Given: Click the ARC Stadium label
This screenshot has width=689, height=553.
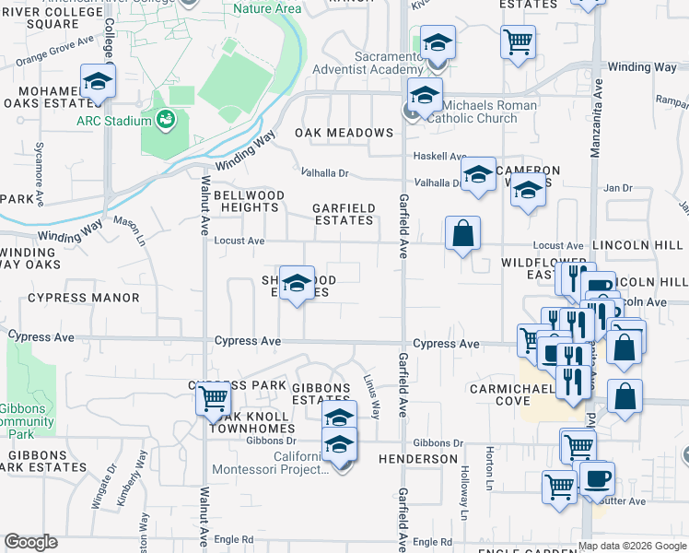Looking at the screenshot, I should pyautogui.click(x=115, y=122).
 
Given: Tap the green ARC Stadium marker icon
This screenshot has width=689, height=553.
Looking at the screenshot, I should pyautogui.click(x=166, y=118).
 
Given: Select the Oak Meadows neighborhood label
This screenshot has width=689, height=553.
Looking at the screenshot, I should pyautogui.click(x=344, y=133).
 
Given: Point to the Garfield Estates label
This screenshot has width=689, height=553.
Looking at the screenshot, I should pyautogui.click(x=344, y=215).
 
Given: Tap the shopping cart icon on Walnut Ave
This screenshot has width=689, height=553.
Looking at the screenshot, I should pyautogui.click(x=213, y=398).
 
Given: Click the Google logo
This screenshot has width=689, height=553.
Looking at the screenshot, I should pyautogui.click(x=30, y=542).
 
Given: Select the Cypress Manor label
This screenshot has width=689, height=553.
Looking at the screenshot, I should pyautogui.click(x=84, y=298).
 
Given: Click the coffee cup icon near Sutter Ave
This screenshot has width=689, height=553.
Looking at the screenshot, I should pyautogui.click(x=597, y=479).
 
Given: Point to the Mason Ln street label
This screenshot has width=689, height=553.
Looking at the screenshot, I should pyautogui.click(x=130, y=230).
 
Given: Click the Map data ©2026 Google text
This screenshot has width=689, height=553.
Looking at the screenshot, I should pyautogui.click(x=632, y=545).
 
